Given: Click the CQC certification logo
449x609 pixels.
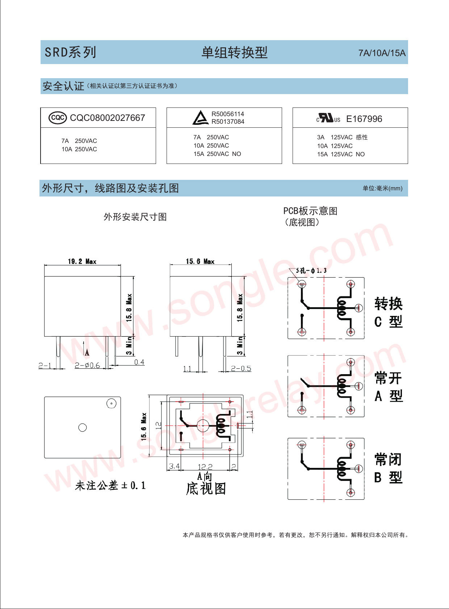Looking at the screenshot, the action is coord(58,118).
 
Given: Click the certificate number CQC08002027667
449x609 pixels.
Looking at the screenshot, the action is coord(108,118).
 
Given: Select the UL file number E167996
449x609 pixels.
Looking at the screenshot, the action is coord(364,119).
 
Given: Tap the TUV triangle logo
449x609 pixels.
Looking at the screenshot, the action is coord(200,118).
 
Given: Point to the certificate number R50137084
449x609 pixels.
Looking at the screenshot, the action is coord(228,122).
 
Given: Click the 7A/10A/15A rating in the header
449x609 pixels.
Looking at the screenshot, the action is coord(382,53).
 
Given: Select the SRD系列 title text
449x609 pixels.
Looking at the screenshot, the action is coord(70,52).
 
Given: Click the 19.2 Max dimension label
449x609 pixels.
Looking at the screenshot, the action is coord(82,261).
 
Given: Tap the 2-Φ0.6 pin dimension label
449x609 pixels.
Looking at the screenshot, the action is coord(87,365).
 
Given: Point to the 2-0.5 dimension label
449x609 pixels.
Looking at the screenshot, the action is coord(241,368).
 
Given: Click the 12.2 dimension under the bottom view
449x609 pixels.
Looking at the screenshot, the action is coord(205,467).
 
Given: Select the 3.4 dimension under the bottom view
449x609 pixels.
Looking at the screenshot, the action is coord(174,466).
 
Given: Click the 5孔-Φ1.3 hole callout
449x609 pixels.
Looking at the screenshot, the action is coord(311,270).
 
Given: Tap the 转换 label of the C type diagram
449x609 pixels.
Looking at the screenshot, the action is coord(388,304).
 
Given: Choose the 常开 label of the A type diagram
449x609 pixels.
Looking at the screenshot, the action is coord(388,378).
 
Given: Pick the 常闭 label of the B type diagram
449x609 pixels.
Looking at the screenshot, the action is coord(388,460).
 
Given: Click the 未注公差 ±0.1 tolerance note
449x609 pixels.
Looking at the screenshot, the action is coord(110,485).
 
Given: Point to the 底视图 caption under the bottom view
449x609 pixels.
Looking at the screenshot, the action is coord(206,489).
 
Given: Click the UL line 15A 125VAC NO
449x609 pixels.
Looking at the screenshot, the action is coord(341,154).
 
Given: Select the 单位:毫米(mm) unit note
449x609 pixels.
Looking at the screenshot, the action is coord(382,188).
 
